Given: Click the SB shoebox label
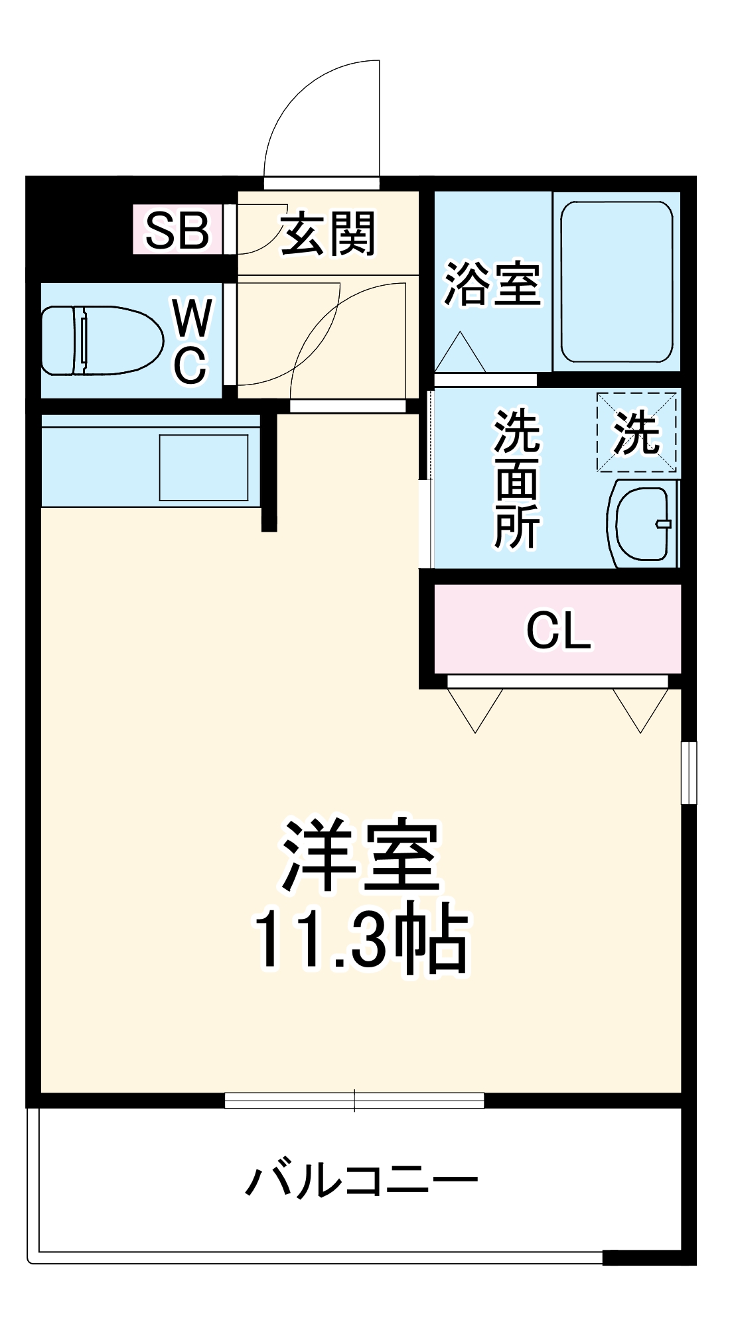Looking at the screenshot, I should pyautogui.click(x=177, y=230).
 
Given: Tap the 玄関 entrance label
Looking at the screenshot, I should pyautogui.click(x=328, y=233).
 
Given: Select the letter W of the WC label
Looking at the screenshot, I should pyautogui.click(x=192, y=318).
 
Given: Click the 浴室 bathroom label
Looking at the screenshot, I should pyautogui.click(x=492, y=284).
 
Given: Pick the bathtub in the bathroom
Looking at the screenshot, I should pyautogui.click(x=617, y=282).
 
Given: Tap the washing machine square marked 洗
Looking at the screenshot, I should pyautogui.click(x=636, y=432).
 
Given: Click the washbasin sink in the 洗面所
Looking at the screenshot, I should pyautogui.click(x=642, y=523).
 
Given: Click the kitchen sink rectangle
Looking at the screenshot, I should pyautogui.click(x=203, y=467).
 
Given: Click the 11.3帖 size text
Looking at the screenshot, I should pyautogui.click(x=361, y=938).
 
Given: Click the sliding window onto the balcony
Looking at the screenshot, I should pyautogui.click(x=354, y=1100).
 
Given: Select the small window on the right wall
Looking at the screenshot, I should pyautogui.click(x=690, y=772).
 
